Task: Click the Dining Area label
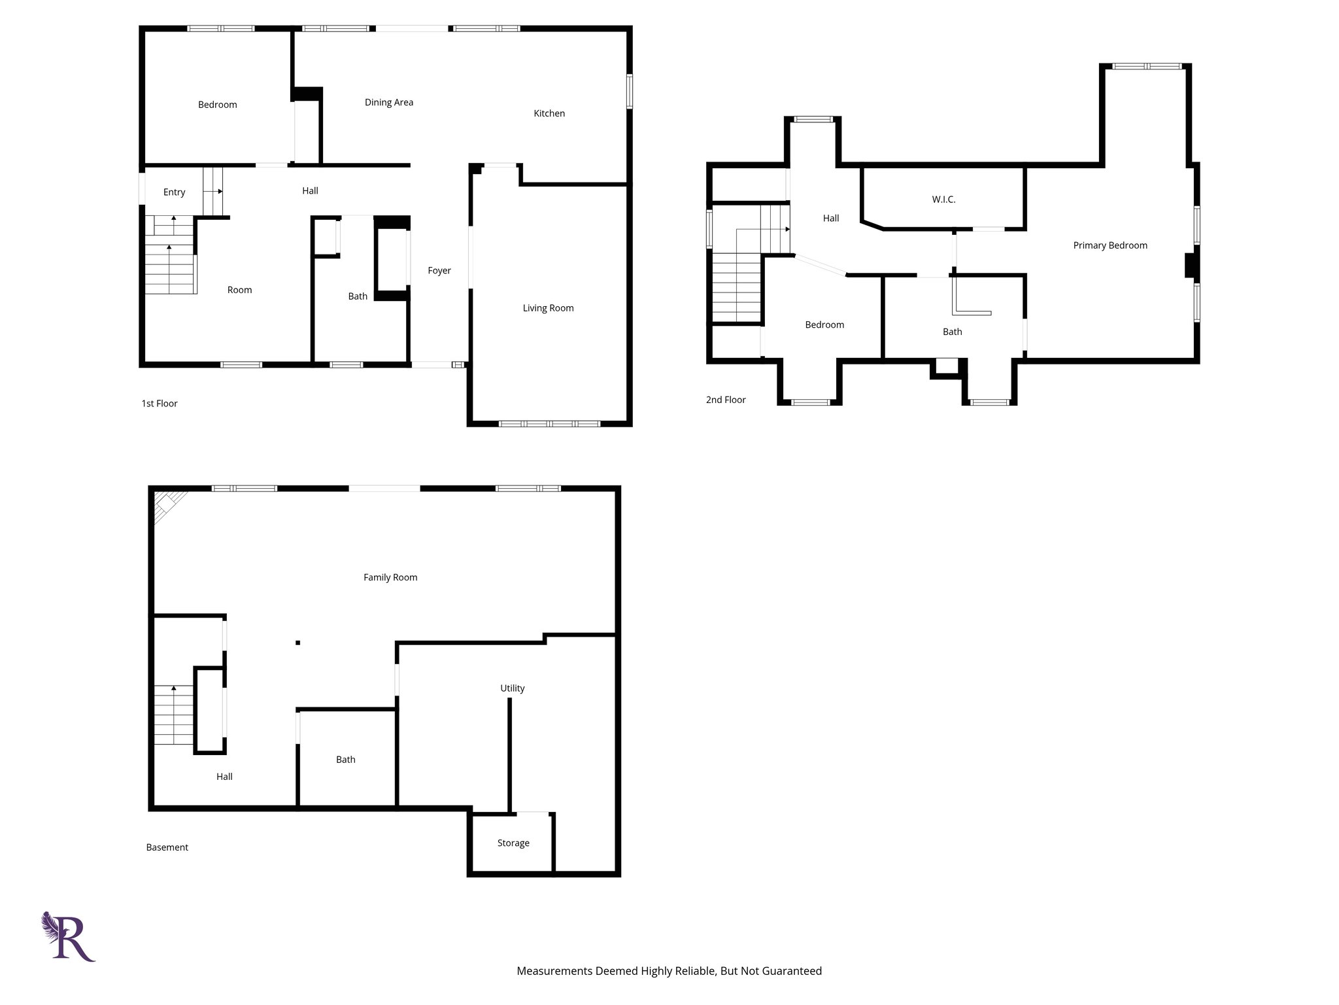(x=388, y=102)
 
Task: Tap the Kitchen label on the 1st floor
(x=549, y=113)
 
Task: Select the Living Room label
(x=548, y=308)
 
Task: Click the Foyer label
(x=439, y=270)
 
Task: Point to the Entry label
(x=174, y=192)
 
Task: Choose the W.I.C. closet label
(x=943, y=200)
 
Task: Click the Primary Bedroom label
(x=1110, y=245)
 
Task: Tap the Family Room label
(x=390, y=577)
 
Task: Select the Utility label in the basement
(x=512, y=688)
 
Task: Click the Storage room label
(x=513, y=843)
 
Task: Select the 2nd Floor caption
(x=725, y=400)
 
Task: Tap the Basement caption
(x=167, y=847)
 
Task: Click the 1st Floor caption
(x=159, y=404)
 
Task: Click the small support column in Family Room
(x=297, y=643)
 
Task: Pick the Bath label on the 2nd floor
(x=952, y=332)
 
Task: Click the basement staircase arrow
(x=173, y=688)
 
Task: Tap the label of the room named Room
(x=239, y=290)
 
